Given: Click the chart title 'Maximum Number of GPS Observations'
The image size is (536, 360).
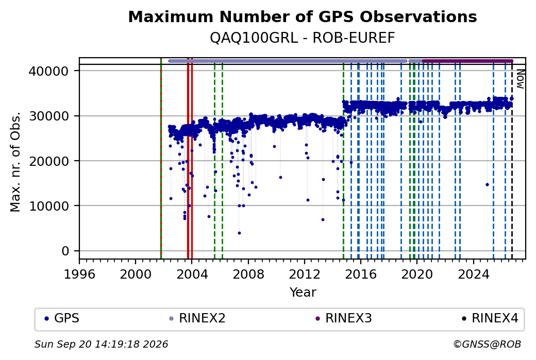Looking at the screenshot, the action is (303, 16).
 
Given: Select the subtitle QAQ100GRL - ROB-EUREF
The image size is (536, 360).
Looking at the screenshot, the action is (303, 38).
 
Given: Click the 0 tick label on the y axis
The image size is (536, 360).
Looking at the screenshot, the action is (65, 251).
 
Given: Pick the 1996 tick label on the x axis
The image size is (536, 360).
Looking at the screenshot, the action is (79, 275).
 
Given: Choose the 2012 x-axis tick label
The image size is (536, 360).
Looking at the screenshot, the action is (305, 275).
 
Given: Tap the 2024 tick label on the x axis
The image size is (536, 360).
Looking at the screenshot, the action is (474, 275).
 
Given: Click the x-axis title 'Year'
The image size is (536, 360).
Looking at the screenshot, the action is (303, 293).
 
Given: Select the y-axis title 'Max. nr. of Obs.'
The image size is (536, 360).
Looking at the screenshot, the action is (15, 161).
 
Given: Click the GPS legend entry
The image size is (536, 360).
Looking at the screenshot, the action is (62, 318).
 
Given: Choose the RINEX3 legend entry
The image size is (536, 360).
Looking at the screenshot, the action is (344, 318).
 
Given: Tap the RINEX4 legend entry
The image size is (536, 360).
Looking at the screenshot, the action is (490, 318).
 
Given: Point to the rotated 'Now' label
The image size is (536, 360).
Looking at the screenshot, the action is (520, 79).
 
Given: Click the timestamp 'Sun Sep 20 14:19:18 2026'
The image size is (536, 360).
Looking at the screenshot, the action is (102, 344).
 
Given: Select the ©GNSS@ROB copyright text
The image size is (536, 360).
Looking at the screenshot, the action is (487, 344).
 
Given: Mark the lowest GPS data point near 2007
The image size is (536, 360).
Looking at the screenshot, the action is (239, 233).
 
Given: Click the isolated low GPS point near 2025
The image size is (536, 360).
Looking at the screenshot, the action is (487, 184).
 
